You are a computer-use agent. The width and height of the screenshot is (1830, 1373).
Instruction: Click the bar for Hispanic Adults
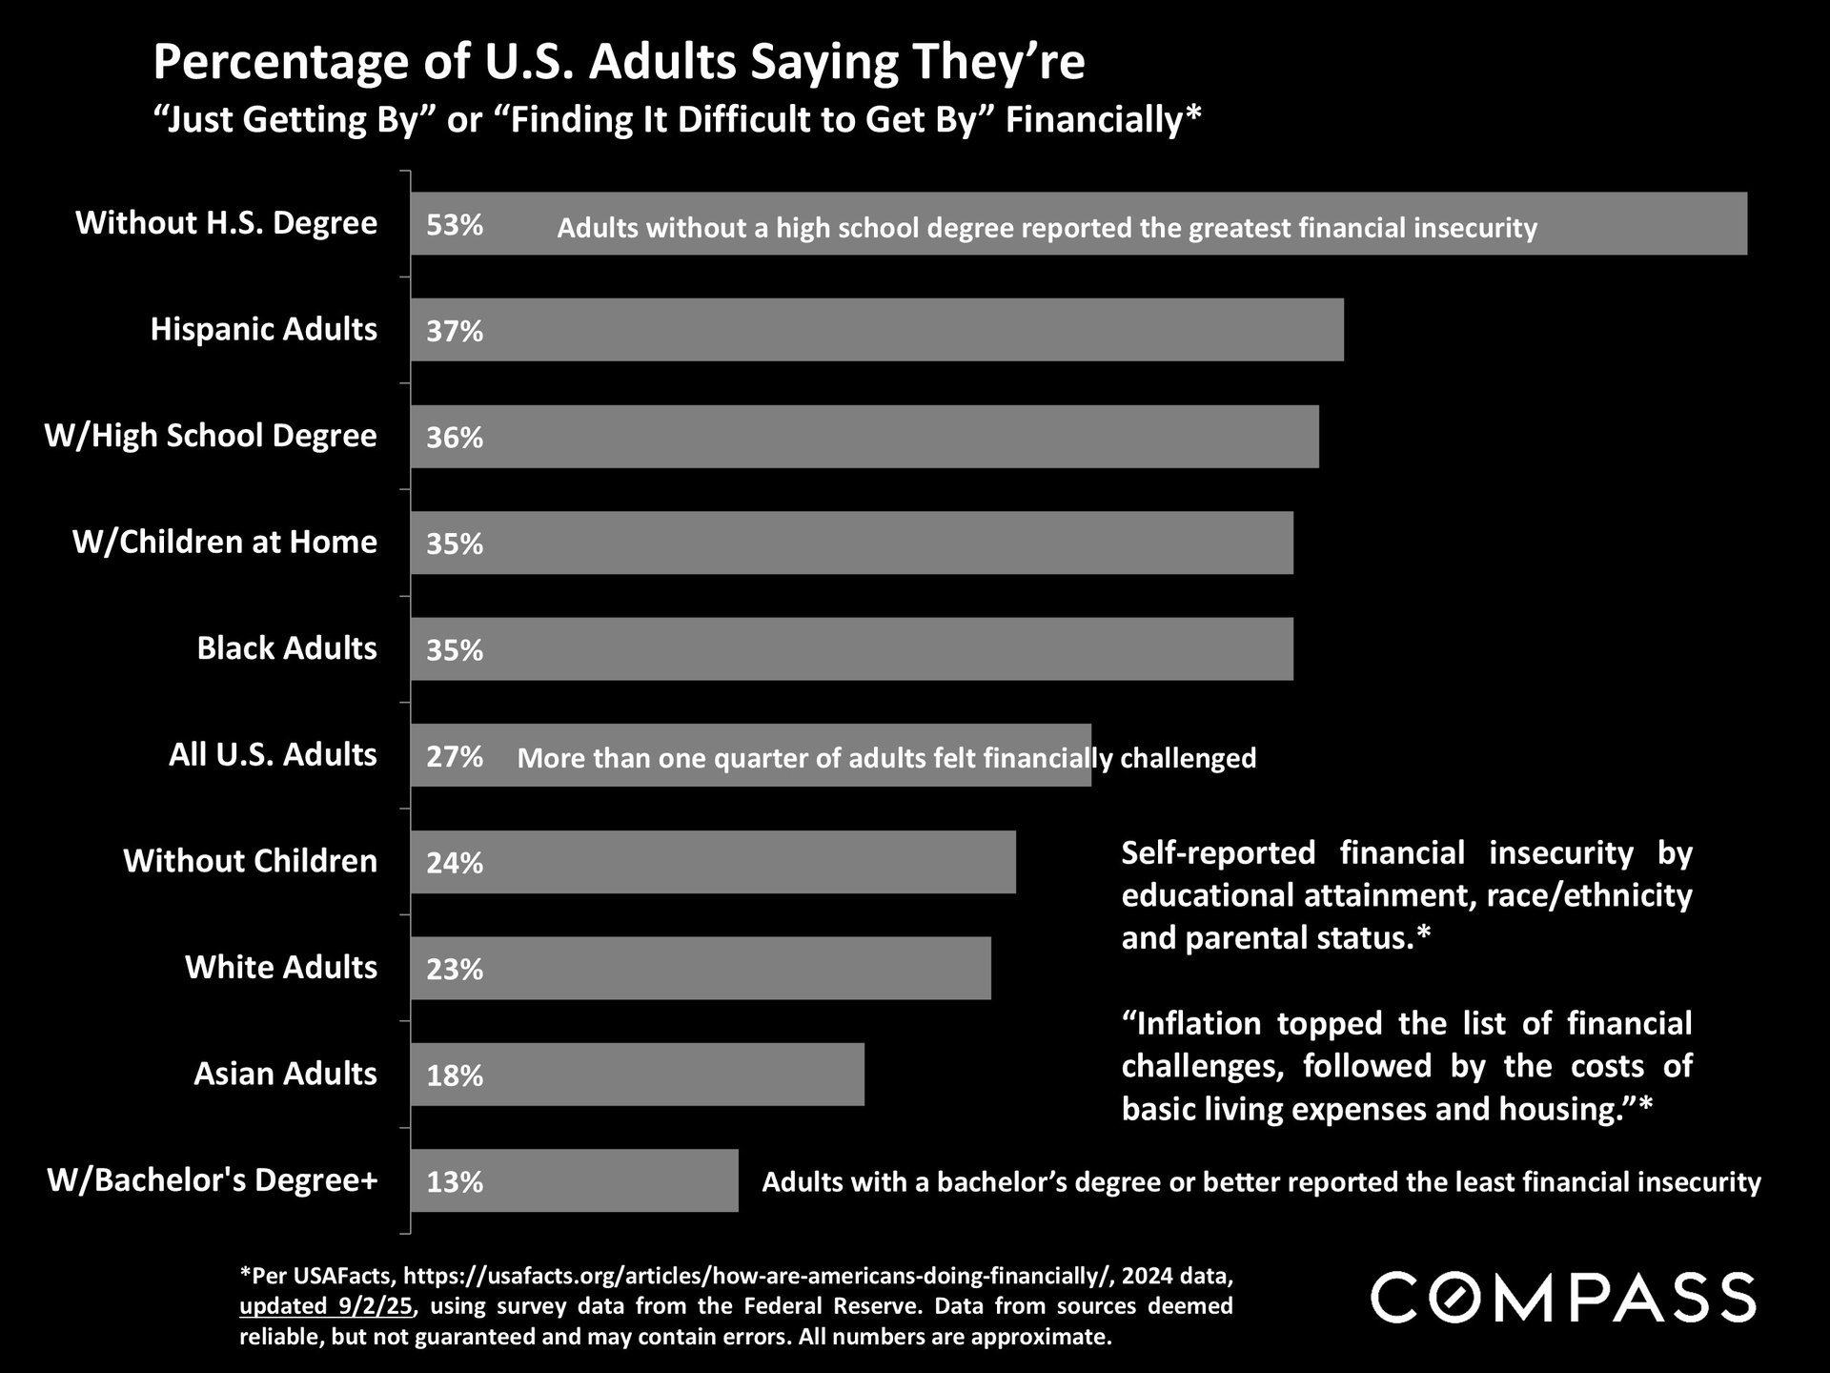877,330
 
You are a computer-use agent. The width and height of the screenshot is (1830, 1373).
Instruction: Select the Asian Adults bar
637,1075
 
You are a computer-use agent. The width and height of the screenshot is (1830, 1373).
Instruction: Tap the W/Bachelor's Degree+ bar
574,1180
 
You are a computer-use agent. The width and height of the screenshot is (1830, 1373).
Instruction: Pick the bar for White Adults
701,968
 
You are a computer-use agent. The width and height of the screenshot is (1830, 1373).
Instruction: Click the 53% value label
455,225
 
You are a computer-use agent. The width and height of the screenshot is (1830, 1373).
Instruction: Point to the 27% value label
455,757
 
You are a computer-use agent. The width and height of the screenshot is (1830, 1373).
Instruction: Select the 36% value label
455,438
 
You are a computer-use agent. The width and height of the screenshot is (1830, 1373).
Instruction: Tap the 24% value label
455,863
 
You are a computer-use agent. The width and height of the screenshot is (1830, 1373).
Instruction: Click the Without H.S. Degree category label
227,223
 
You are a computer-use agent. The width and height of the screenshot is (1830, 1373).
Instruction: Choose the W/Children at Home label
225,542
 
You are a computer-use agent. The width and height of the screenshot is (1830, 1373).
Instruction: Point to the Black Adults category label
287,648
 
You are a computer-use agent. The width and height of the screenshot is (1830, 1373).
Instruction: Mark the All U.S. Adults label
273,755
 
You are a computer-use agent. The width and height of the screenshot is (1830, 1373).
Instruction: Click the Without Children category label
250,861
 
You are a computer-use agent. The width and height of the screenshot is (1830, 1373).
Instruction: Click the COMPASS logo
1562,1297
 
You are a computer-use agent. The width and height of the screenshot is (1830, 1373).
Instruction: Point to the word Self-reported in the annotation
1218,852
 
